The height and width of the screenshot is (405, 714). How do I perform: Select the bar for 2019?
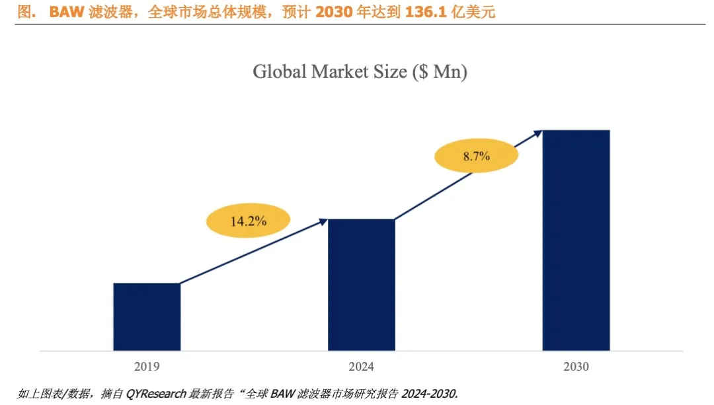pos(147,316)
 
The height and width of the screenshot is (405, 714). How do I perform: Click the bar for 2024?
pos(361,285)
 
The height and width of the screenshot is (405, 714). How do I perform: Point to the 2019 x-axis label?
pos(147,366)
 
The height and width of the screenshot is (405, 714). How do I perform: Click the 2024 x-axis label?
pos(361,366)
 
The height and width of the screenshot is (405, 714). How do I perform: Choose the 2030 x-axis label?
pos(576,366)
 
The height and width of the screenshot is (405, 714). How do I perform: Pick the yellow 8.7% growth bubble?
pos(476,157)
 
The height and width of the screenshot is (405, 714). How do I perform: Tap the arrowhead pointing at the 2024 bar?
pos(323,222)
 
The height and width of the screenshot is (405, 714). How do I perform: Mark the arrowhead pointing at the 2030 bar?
pos(537,133)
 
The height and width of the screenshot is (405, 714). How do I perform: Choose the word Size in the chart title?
pos(391,72)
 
